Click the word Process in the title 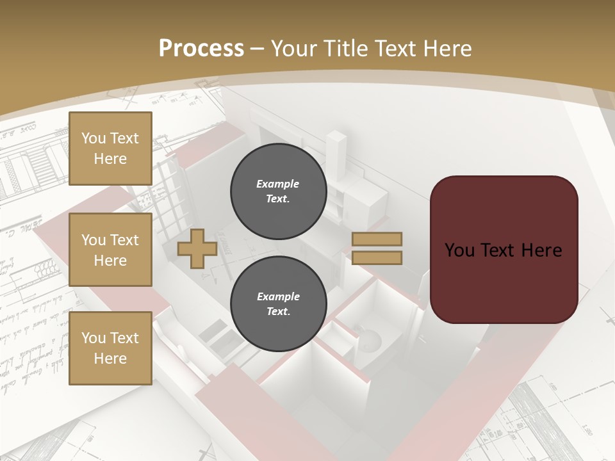click(x=201, y=49)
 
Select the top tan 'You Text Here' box click(x=110, y=149)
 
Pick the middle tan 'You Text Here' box click(x=110, y=250)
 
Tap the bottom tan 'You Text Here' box click(x=110, y=348)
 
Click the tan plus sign click(x=197, y=248)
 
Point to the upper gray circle click(x=279, y=191)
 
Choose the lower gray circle click(x=279, y=303)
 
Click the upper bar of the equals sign click(x=377, y=239)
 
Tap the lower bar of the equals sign click(x=377, y=258)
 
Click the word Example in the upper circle click(x=278, y=184)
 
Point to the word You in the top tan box click(x=94, y=138)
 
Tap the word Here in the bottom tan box click(x=110, y=359)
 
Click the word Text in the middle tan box click(x=124, y=240)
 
